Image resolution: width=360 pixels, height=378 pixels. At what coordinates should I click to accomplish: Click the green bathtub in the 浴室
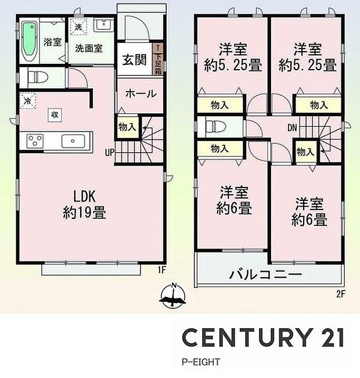point(30,41)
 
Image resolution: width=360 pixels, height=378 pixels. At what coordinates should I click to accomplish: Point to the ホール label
point(139,93)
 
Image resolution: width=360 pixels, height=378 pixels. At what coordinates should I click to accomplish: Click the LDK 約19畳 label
point(84,204)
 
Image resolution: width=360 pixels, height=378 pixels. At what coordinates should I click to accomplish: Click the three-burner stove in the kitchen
point(34,141)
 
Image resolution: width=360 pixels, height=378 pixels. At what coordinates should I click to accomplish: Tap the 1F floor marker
point(163,269)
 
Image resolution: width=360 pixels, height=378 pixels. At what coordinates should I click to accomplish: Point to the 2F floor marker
point(340,293)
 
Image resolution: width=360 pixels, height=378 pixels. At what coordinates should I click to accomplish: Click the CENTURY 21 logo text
point(264,337)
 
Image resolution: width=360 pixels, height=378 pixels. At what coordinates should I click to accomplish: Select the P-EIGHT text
point(200,362)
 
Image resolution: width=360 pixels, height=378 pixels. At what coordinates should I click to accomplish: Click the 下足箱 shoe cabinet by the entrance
point(157,60)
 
